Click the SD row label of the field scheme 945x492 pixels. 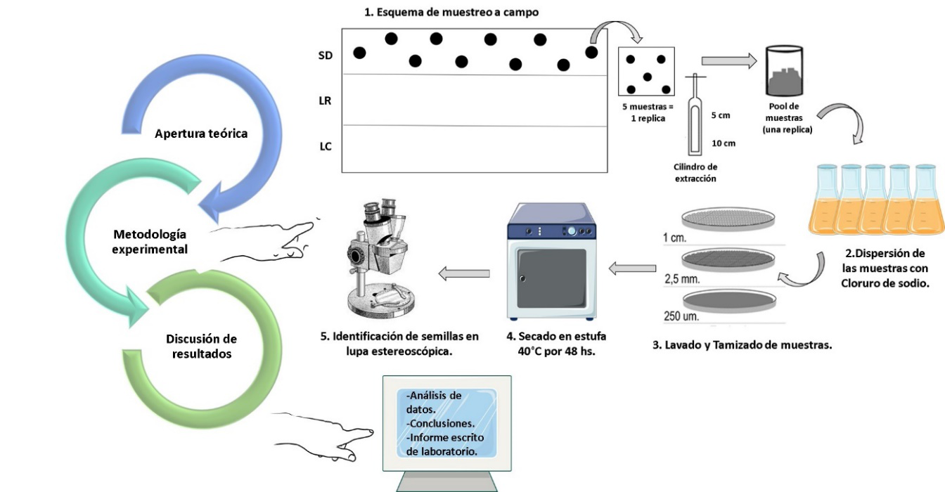click(x=326, y=55)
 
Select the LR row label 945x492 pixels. click(x=325, y=101)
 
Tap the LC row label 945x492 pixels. click(x=325, y=147)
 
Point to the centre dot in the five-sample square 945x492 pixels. click(x=648, y=76)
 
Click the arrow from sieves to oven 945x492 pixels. click(x=632, y=268)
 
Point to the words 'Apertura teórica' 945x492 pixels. click(x=201, y=133)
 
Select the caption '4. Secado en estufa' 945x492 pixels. click(x=555, y=336)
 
